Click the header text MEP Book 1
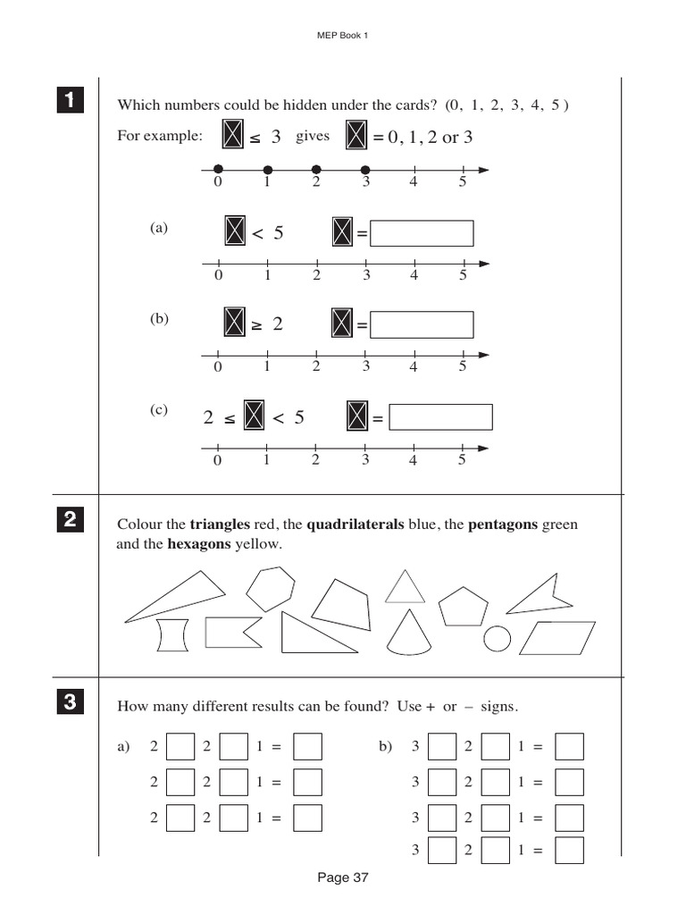343,36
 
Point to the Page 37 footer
343,877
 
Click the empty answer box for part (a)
422,233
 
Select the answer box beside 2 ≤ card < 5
441,417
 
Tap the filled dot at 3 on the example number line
364,169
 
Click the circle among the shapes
497,638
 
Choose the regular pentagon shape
464,607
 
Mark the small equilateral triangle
405,589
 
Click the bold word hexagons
199,543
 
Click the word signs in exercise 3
498,707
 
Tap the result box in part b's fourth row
569,851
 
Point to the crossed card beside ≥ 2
234,323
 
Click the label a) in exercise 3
123,746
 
